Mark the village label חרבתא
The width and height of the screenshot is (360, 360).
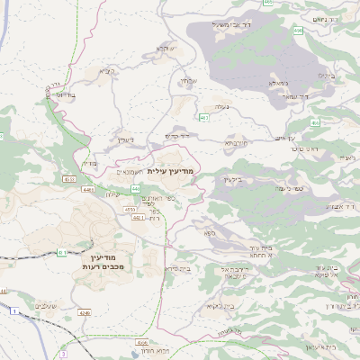(236, 143)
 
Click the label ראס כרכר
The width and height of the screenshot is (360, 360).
(306, 149)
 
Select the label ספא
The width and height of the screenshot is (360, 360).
(210, 233)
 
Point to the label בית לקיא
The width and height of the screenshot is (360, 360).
(221, 307)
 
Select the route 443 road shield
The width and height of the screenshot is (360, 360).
(135, 188)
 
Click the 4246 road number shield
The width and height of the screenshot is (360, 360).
(85, 312)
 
